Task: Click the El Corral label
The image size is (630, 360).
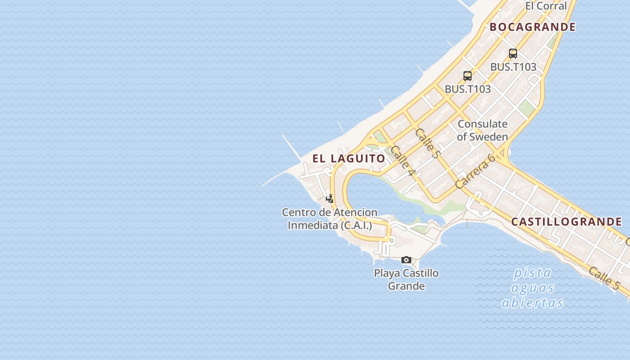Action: click(x=546, y=6)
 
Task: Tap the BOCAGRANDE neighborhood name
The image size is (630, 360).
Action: click(x=532, y=27)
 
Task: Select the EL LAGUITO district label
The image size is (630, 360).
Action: click(x=349, y=158)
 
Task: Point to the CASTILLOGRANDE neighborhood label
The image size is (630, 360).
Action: click(x=566, y=221)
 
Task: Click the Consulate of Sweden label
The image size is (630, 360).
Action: click(x=482, y=130)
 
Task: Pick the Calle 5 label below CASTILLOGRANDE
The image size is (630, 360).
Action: click(x=603, y=278)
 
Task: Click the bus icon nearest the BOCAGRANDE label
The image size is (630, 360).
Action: click(x=513, y=54)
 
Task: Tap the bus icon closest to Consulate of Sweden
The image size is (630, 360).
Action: click(x=468, y=76)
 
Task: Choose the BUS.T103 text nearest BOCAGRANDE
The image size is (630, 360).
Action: click(x=513, y=67)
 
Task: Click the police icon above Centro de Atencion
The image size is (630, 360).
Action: click(x=330, y=198)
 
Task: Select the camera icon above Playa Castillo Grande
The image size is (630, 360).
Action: click(x=406, y=260)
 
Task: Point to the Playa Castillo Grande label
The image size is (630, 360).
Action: click(x=406, y=279)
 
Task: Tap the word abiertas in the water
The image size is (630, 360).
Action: click(x=532, y=302)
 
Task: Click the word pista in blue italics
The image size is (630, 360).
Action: click(x=532, y=273)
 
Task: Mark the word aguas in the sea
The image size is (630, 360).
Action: click(x=532, y=288)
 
